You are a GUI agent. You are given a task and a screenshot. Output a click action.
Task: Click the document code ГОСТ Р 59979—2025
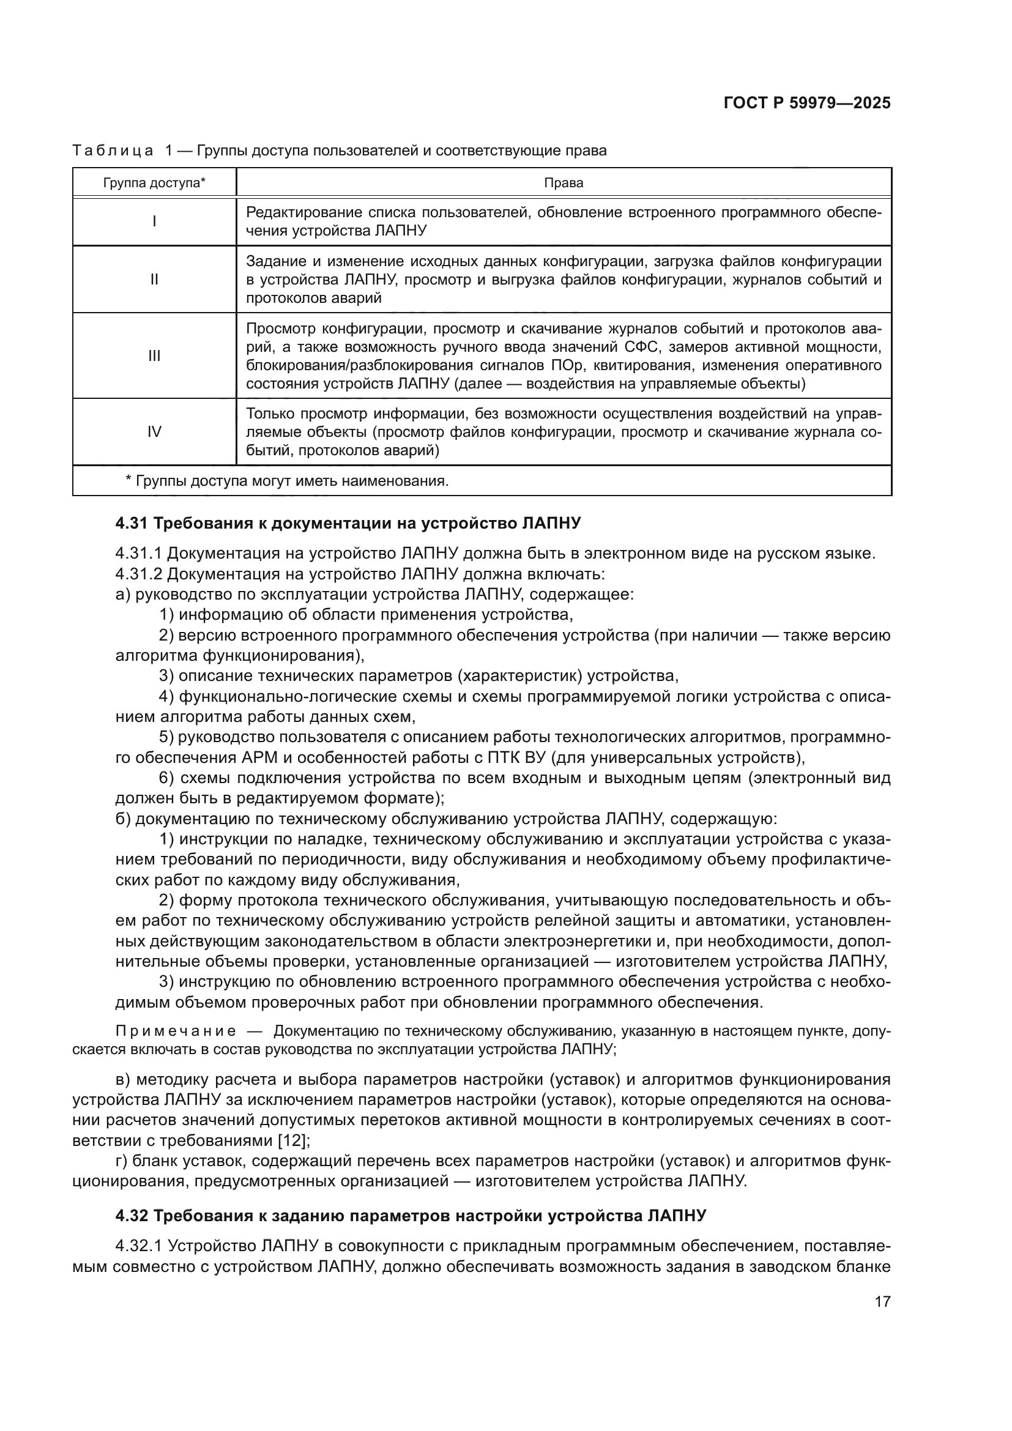pyautogui.click(x=807, y=103)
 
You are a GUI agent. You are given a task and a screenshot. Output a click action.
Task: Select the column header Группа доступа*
pyautogui.click(x=154, y=182)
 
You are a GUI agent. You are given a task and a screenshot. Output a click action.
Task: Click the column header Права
pyautogui.click(x=564, y=182)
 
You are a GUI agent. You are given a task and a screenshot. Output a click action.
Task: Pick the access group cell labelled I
pyautogui.click(x=154, y=221)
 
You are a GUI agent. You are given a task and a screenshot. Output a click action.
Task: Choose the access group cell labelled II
pyautogui.click(x=154, y=279)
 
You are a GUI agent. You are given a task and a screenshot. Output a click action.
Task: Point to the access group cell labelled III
pyautogui.click(x=154, y=356)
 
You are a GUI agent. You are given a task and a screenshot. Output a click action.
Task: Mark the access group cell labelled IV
pyautogui.click(x=154, y=432)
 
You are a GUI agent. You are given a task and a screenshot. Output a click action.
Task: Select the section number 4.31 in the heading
pyautogui.click(x=132, y=524)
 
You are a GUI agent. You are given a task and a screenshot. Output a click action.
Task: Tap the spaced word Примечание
pyautogui.click(x=176, y=1031)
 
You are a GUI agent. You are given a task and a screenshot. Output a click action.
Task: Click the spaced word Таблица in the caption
pyautogui.click(x=113, y=151)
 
